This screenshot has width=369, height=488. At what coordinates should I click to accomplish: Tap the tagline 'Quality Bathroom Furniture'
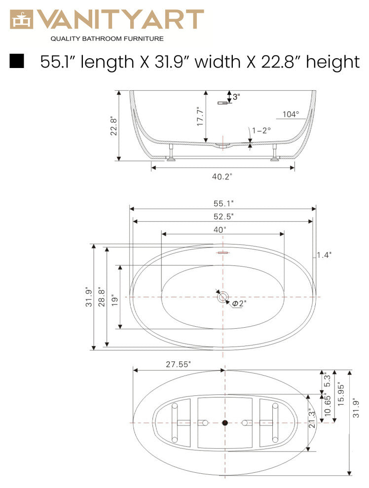pyautogui.click(x=107, y=38)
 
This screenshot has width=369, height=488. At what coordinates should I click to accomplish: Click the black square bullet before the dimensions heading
pyautogui.click(x=17, y=61)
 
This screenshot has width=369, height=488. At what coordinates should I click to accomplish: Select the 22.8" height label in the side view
pyautogui.click(x=113, y=126)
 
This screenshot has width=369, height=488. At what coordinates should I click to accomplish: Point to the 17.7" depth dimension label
pyautogui.click(x=200, y=117)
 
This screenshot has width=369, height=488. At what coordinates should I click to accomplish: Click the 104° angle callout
pyautogui.click(x=291, y=114)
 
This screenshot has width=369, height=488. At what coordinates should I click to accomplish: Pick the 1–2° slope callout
pyautogui.click(x=261, y=131)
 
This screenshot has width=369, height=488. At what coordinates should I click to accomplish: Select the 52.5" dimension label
pyautogui.click(x=223, y=216)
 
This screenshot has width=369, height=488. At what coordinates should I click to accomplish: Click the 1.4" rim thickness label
pyautogui.click(x=324, y=255)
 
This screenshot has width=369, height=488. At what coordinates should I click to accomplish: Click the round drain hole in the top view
pyautogui.click(x=223, y=297)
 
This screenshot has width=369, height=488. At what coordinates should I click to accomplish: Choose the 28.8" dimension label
pyautogui.click(x=101, y=297)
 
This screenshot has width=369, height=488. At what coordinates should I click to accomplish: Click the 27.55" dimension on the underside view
pyautogui.click(x=178, y=364)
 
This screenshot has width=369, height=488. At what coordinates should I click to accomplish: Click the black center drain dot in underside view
pyautogui.click(x=225, y=423)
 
